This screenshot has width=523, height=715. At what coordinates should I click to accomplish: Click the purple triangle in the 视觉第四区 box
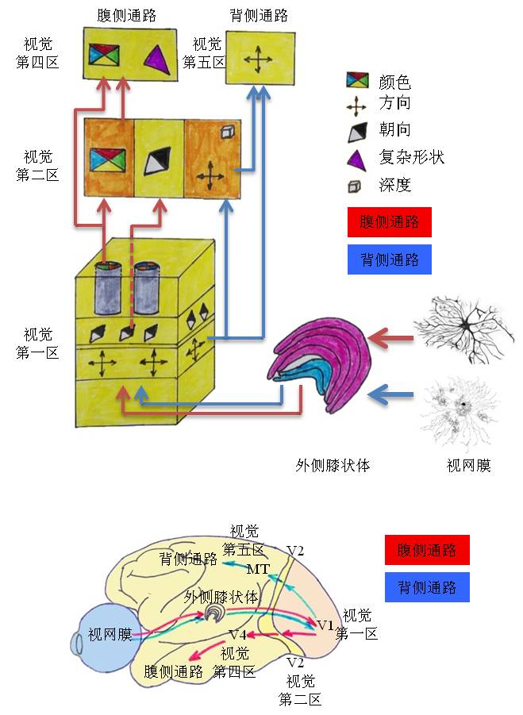point(155,57)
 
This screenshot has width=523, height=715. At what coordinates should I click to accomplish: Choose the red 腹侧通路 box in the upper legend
point(389,222)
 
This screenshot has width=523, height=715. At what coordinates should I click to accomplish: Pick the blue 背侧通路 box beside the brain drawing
point(426,587)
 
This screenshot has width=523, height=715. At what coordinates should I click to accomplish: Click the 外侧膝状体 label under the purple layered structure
point(333,465)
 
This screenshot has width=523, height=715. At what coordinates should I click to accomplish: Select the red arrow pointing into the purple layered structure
point(392,340)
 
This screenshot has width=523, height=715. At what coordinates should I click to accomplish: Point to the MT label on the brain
point(258,569)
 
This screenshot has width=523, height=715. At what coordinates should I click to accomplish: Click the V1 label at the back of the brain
point(326,625)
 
